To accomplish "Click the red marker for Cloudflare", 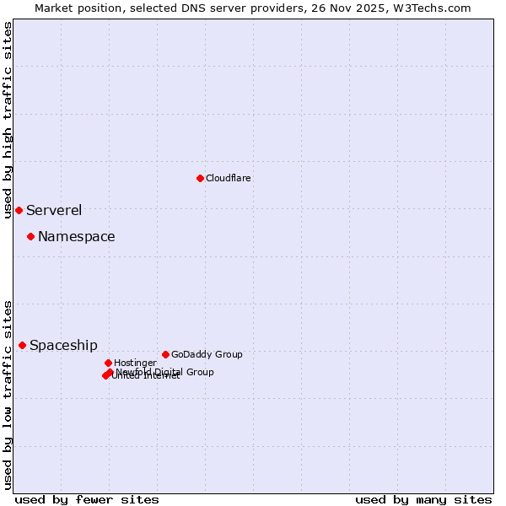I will click(200, 178).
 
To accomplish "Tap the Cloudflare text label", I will click(229, 178).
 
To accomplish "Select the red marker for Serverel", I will click(19, 210).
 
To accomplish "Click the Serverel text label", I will click(54, 211).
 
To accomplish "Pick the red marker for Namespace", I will click(30, 236).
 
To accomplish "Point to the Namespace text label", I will click(77, 237).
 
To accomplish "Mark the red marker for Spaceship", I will click(22, 345).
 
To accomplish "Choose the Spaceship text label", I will click(63, 346).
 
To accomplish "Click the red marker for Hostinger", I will click(108, 363).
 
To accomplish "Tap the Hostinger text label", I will click(136, 363).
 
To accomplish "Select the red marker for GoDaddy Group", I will click(165, 354).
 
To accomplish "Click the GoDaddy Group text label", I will click(207, 354).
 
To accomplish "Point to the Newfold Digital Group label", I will click(165, 372).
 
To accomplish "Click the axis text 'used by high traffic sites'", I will click(8, 120).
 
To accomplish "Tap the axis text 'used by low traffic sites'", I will click(8, 394).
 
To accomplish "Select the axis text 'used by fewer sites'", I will click(87, 499).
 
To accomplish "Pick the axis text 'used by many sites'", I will click(423, 499).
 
